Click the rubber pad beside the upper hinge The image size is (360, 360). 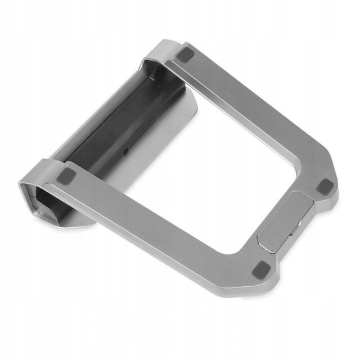tap(186, 56)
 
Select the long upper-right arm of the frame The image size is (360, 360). tap(253, 112)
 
